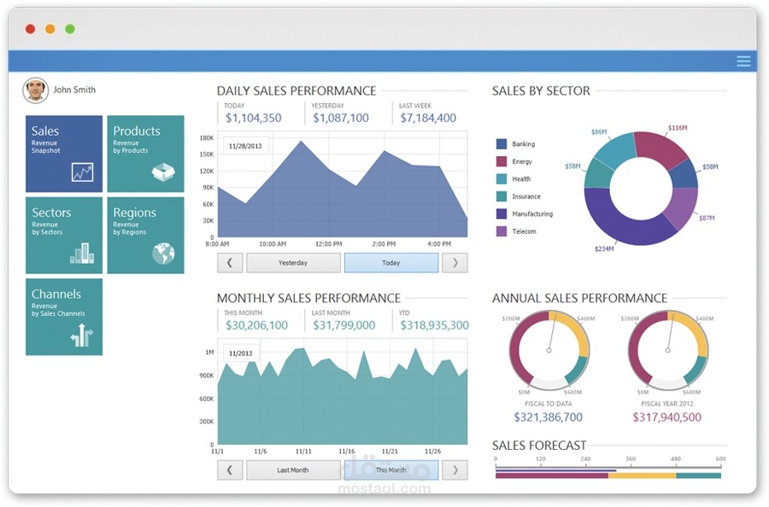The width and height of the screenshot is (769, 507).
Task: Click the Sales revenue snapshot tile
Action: (64, 154)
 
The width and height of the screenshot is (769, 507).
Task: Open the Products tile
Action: (145, 154)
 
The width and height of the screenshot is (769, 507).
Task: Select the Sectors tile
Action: (64, 236)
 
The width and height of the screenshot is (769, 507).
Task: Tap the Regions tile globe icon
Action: (163, 253)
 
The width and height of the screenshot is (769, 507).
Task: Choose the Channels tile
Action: (64, 317)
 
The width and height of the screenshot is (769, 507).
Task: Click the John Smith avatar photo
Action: (36, 90)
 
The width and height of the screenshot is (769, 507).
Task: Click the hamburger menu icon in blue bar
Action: (743, 61)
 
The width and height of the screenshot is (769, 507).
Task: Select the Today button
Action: (390, 263)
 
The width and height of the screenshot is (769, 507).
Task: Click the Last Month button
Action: (293, 470)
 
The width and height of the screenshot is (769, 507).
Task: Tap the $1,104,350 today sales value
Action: (254, 119)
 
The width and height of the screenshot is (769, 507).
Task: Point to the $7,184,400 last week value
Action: (428, 119)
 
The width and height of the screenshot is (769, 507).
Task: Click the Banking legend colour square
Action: (502, 144)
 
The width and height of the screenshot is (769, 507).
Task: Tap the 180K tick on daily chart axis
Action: (207, 137)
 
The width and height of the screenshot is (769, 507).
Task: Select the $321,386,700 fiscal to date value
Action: (548, 417)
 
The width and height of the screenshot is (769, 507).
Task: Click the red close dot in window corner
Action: (30, 29)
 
